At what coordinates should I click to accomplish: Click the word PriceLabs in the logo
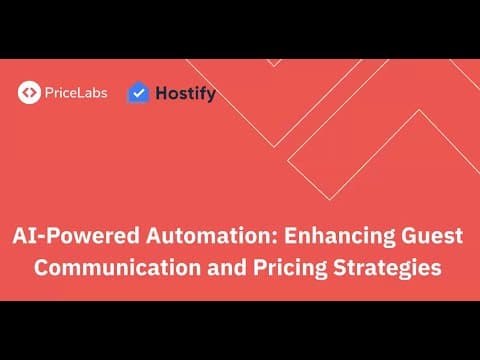coord(75,93)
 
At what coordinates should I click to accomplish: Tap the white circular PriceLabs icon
coord(29,93)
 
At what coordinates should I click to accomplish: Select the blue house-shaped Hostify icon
coord(138,93)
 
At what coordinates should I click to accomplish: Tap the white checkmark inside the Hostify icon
coord(138,95)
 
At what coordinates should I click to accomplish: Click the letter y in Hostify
coord(210,96)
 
